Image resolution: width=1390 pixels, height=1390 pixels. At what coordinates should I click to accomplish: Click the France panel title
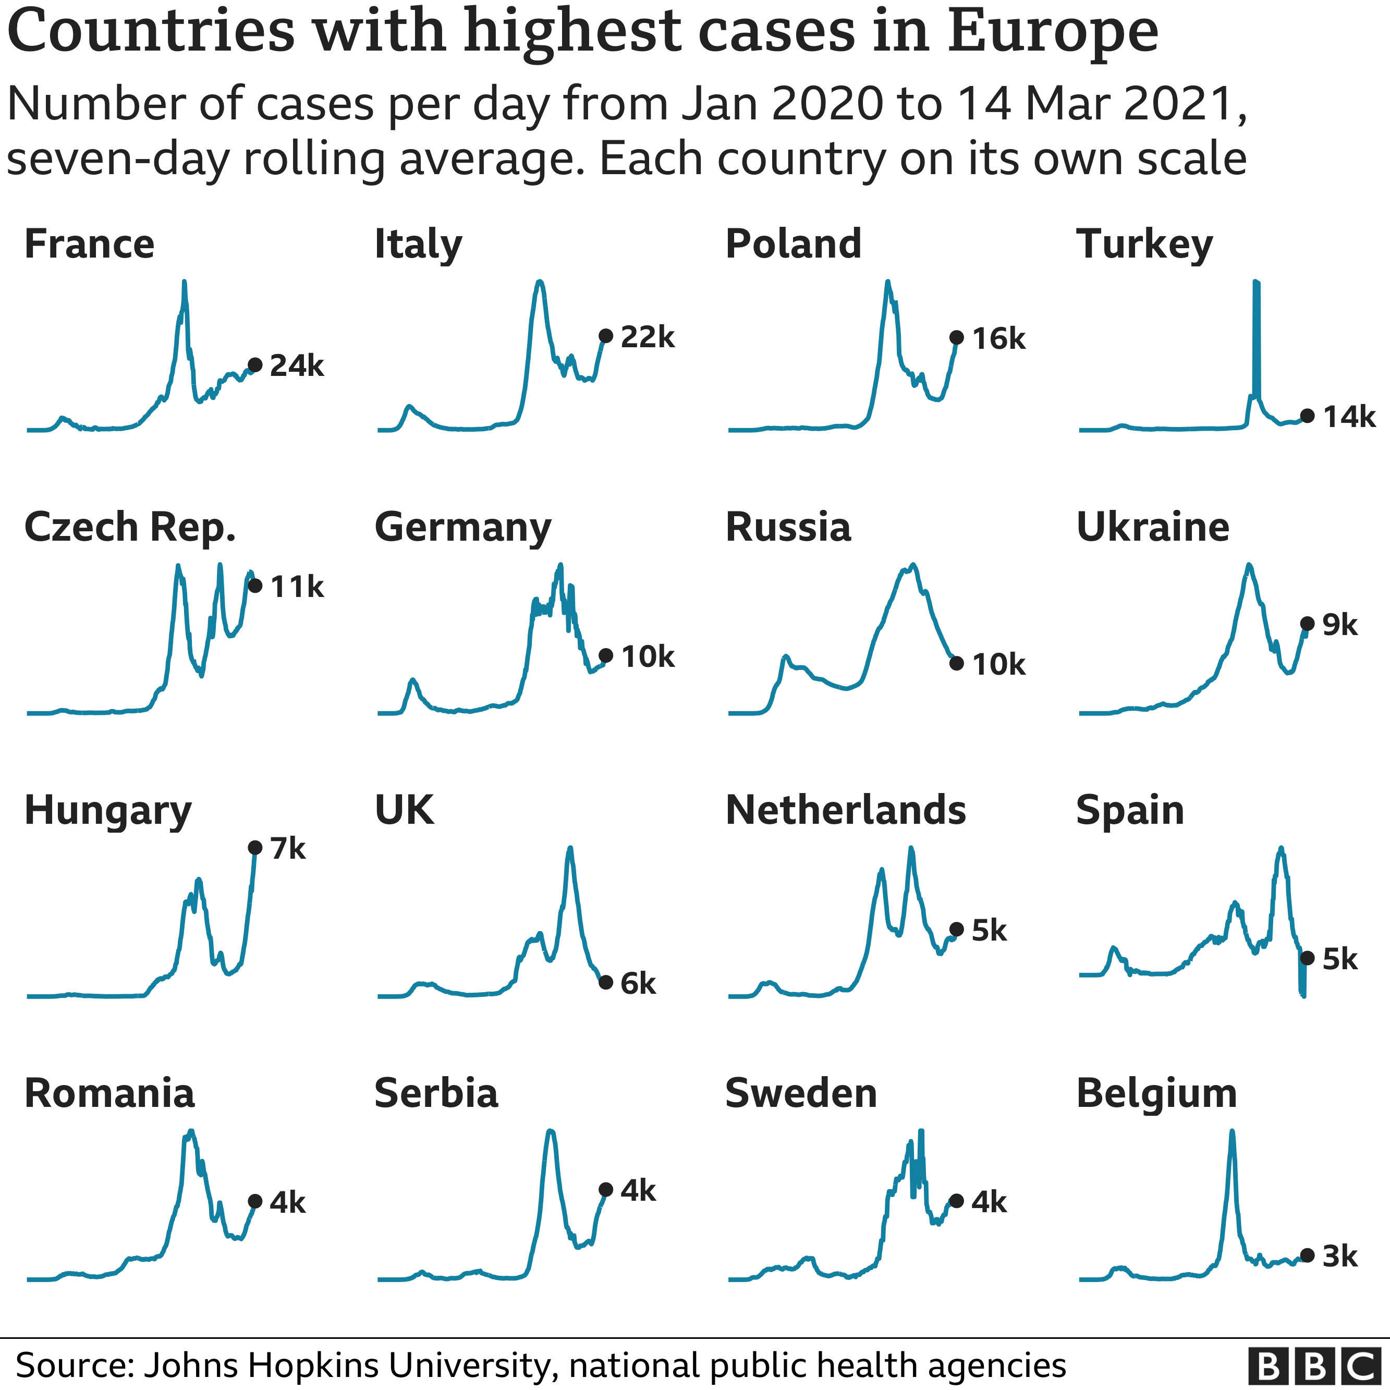point(89,245)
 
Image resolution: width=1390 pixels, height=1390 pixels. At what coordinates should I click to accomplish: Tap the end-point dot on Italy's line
point(606,336)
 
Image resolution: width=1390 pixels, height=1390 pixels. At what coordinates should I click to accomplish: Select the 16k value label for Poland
point(998,339)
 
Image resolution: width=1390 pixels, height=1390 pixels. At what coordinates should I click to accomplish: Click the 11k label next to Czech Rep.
point(297,587)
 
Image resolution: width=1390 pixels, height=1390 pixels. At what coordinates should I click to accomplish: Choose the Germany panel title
point(462,527)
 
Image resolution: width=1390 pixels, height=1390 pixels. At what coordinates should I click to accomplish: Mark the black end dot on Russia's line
point(956,663)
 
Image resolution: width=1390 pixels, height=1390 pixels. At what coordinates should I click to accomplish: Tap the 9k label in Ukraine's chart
point(1339,625)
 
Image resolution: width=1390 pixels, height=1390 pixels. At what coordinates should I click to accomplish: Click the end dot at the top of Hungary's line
point(254,848)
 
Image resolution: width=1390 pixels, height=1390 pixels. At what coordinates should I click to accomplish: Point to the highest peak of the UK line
point(570,848)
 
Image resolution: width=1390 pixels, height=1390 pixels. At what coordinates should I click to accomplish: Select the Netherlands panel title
point(845,811)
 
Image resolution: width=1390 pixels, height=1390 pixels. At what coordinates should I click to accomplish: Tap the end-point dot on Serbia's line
point(606,1190)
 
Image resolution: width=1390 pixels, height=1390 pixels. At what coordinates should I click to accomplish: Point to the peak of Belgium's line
point(1232,1132)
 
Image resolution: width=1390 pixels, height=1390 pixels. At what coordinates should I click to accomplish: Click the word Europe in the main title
point(1052,32)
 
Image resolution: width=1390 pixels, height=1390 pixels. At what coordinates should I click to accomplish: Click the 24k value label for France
point(297,366)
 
